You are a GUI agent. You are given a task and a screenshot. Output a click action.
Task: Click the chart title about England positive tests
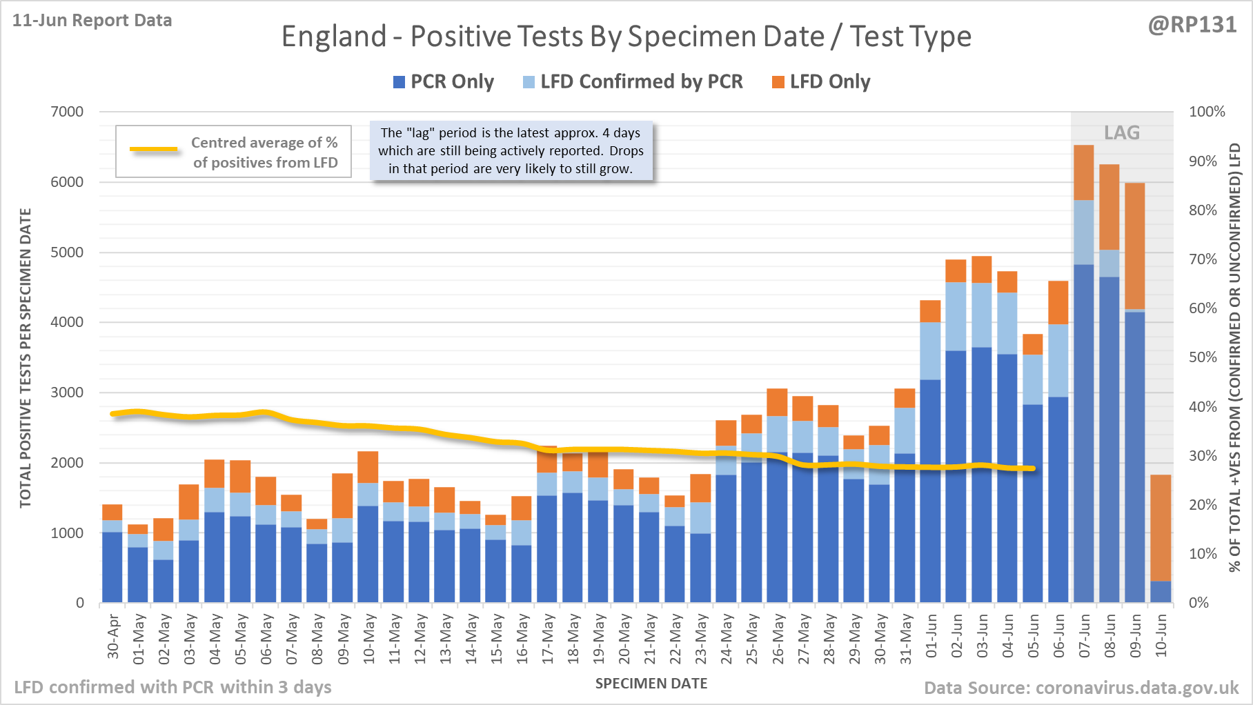626,37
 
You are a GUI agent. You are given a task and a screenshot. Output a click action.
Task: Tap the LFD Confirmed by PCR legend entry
633,82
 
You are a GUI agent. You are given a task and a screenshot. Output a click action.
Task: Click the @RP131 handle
1192,25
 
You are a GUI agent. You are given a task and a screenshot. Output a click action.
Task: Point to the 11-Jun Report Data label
92,21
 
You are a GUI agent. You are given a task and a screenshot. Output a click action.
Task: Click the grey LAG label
1121,132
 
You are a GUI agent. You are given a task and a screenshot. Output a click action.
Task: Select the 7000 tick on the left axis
67,112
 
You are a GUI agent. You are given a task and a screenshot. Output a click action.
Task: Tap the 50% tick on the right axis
1203,357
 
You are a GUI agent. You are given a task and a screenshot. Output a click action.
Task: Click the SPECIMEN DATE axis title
651,684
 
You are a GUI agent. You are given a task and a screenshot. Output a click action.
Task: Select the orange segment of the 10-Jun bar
1161,528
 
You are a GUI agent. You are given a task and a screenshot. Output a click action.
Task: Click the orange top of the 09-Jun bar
1135,246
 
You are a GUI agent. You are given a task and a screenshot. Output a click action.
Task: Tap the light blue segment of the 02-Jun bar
956,316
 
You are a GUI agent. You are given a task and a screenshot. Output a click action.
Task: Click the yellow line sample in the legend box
154,149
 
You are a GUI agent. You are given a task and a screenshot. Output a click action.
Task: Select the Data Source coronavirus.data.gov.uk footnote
1081,688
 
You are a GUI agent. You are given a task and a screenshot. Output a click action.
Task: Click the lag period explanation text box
511,151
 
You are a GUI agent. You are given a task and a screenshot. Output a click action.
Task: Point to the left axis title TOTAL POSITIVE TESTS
26,357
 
